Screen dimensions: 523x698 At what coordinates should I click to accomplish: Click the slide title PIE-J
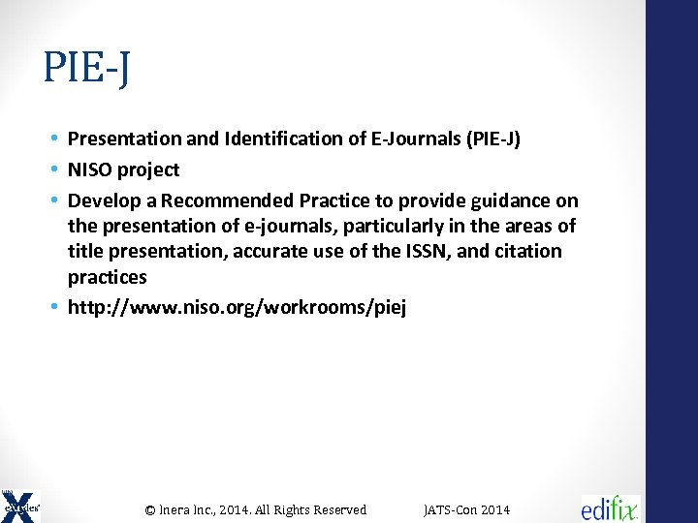tap(87, 69)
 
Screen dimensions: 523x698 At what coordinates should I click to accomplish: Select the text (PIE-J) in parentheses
tap(492, 139)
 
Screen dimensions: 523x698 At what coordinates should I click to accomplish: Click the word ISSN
tap(455, 252)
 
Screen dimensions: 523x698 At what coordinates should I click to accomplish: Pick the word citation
tap(527, 252)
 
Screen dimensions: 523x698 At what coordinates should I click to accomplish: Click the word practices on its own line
tap(108, 278)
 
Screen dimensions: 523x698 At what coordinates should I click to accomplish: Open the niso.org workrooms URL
tap(238, 309)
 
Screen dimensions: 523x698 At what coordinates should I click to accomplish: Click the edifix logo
tap(610, 508)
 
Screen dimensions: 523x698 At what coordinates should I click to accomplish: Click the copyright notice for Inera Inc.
tap(256, 509)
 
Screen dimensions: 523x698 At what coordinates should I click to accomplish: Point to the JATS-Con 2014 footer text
tap(467, 509)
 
